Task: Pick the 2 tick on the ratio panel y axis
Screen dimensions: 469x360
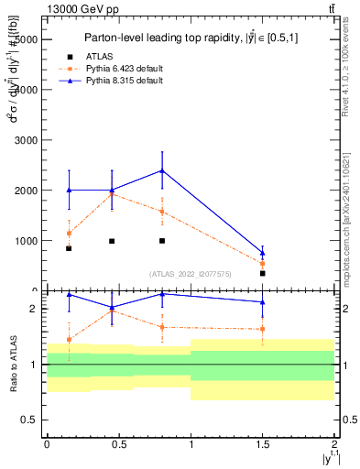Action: click(x=33, y=310)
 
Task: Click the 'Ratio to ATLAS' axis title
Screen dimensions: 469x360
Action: click(x=13, y=365)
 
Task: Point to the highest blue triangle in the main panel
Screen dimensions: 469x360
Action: click(x=162, y=170)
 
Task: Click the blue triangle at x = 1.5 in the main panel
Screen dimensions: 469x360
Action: click(x=263, y=253)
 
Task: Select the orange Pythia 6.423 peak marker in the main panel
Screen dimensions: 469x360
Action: click(x=112, y=194)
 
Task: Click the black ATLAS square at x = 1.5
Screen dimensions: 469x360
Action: click(x=263, y=273)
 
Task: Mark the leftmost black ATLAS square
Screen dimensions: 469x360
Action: click(x=69, y=248)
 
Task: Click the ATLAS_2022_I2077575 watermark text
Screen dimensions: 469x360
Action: click(x=189, y=273)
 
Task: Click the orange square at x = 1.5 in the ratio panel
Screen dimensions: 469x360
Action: click(x=263, y=329)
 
